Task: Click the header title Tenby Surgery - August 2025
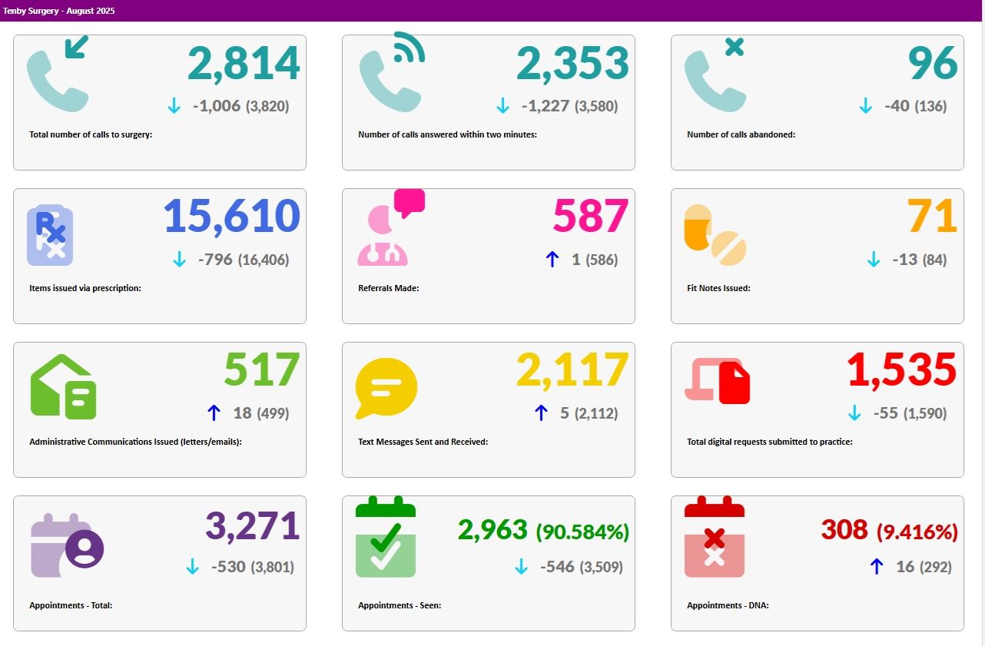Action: tap(59, 11)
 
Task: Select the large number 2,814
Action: tap(244, 64)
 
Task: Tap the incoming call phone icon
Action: tap(58, 74)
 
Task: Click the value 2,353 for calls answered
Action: tap(572, 64)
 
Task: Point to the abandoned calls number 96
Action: tap(933, 64)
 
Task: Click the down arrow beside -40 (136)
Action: tap(866, 106)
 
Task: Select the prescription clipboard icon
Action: tap(50, 235)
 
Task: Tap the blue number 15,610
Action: tap(231, 217)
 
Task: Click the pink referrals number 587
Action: tap(591, 217)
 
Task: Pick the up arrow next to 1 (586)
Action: tap(552, 260)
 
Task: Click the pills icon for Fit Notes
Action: tap(715, 234)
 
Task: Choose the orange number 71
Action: tap(932, 217)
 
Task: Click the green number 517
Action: tap(261, 371)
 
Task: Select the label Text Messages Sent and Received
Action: tap(423, 442)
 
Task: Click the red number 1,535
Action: tap(902, 371)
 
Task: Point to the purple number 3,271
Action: tap(252, 527)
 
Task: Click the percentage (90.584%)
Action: tap(582, 532)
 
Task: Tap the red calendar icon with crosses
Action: tap(715, 539)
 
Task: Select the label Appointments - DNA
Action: tap(728, 605)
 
